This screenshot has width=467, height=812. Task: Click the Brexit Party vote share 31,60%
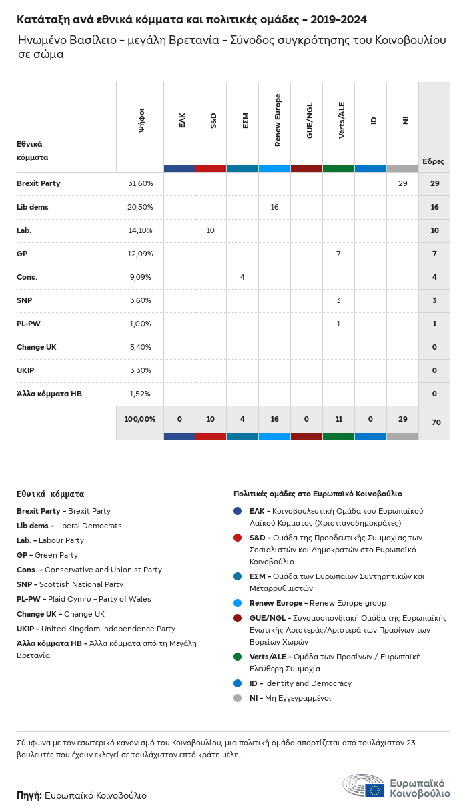pyautogui.click(x=140, y=183)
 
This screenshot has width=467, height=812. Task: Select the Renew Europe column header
pyautogui.click(x=278, y=120)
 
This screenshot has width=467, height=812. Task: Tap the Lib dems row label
pyautogui.click(x=32, y=207)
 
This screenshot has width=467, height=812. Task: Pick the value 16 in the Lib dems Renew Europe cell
pyautogui.click(x=274, y=207)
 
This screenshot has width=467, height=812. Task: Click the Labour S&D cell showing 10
pyautogui.click(x=210, y=230)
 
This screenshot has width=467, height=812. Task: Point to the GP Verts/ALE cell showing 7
pyautogui.click(x=338, y=254)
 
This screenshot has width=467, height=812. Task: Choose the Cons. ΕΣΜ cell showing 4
pyautogui.click(x=242, y=277)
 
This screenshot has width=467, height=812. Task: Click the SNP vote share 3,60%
pyautogui.click(x=140, y=300)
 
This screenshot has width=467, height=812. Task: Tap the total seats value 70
pyautogui.click(x=436, y=422)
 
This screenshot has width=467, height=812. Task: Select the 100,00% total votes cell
pyautogui.click(x=140, y=419)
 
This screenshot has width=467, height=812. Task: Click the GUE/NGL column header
pyautogui.click(x=310, y=120)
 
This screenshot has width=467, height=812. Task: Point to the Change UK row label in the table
pyautogui.click(x=36, y=347)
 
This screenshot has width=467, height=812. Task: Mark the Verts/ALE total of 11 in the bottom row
pyautogui.click(x=339, y=419)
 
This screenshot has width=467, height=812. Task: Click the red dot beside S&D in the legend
pyautogui.click(x=238, y=538)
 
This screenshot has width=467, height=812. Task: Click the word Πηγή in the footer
pyautogui.click(x=29, y=796)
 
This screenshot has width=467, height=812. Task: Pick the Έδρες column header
pyautogui.click(x=433, y=161)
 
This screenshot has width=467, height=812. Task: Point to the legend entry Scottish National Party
pyautogui.click(x=81, y=584)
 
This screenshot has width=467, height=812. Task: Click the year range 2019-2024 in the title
pyautogui.click(x=339, y=19)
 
